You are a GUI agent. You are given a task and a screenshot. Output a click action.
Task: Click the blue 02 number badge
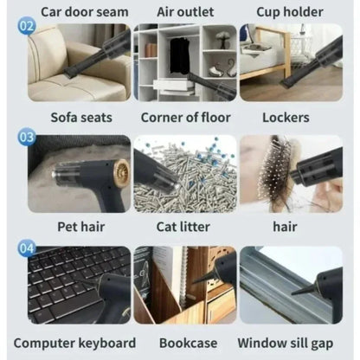point(27,26)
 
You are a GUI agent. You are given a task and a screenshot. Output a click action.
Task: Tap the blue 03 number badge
point(27,136)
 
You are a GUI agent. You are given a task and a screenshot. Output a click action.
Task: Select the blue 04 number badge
point(27,247)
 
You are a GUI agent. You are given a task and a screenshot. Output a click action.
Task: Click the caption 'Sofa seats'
point(81,118)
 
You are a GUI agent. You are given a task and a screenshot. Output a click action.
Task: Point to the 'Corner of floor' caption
point(185,118)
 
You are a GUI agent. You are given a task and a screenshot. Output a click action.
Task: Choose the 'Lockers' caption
point(286,118)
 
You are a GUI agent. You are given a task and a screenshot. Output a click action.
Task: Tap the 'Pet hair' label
point(81,227)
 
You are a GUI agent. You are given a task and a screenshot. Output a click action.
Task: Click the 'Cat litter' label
point(183,227)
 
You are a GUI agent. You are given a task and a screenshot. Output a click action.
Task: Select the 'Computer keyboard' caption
point(74,344)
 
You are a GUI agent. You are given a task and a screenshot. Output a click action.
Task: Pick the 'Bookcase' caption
point(188,344)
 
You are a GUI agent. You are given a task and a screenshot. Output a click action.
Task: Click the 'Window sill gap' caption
point(286,344)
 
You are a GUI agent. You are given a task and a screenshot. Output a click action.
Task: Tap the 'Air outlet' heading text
point(185,12)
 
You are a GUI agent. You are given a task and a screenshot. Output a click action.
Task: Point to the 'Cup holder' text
point(290,12)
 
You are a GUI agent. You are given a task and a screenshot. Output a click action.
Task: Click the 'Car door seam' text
point(85,12)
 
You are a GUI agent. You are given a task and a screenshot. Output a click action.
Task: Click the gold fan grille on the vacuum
point(122,173)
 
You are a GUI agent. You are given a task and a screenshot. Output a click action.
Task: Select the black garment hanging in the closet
point(179,55)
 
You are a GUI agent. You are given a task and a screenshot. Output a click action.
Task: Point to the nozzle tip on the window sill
point(293,293)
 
